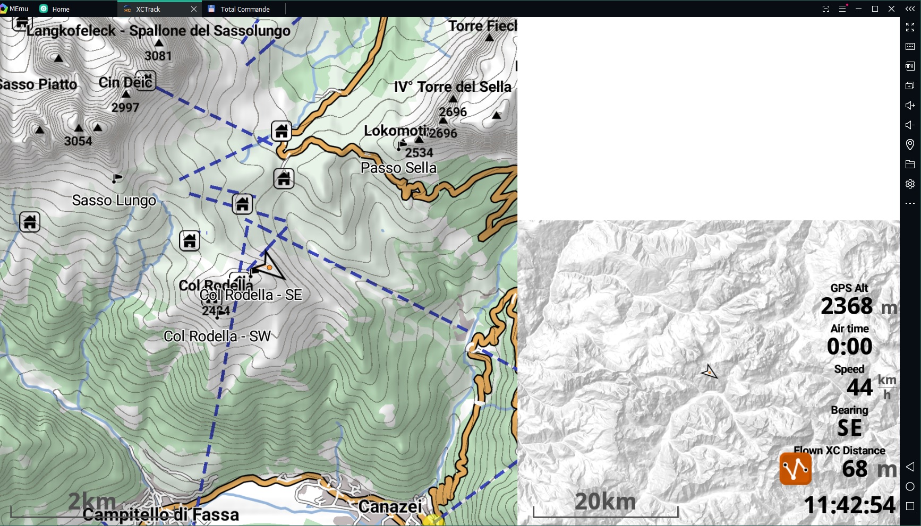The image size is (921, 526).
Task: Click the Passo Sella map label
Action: point(398,168)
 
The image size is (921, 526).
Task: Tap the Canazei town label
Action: point(390,506)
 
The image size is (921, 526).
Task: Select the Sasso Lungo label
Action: point(114,200)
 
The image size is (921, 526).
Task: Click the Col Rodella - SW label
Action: point(217,336)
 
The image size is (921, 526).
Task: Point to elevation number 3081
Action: point(158,56)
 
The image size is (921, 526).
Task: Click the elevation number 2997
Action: point(125,107)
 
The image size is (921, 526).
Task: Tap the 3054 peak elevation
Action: point(78,141)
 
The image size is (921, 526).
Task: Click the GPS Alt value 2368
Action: point(847,306)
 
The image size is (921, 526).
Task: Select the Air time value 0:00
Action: point(849,347)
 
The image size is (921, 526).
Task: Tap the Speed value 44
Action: point(859,387)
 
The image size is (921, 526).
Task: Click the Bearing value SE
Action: point(849,428)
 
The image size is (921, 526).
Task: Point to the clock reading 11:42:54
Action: point(849,505)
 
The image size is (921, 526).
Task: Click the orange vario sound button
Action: point(795,469)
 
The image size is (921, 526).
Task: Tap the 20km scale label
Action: point(605,501)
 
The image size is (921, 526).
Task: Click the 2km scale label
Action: point(92,501)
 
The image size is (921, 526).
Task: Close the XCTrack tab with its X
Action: point(194,9)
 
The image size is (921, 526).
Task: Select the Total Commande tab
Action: point(245,9)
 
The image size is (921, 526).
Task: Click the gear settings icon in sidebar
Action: point(910,184)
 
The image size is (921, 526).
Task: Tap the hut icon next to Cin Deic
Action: point(146,80)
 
